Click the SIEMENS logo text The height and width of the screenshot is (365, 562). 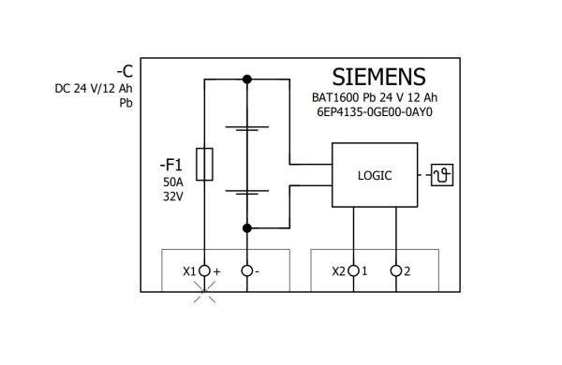click(x=378, y=77)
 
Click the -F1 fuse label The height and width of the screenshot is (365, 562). click(x=171, y=165)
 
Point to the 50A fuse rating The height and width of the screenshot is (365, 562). click(x=173, y=182)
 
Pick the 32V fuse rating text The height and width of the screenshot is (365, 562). click(x=173, y=197)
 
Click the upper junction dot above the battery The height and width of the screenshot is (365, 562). click(x=247, y=80)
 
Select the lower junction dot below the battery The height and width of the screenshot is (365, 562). click(x=247, y=227)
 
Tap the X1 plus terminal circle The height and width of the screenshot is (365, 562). click(x=204, y=270)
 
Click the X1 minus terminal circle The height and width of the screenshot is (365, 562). click(x=247, y=270)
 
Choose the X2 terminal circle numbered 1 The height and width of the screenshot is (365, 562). click(x=353, y=270)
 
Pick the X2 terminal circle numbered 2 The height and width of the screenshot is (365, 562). click(x=396, y=270)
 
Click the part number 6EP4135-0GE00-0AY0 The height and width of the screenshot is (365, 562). click(x=375, y=112)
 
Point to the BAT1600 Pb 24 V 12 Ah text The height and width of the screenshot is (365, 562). click(x=375, y=97)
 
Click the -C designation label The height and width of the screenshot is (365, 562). click(x=125, y=71)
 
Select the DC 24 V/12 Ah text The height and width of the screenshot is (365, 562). click(x=94, y=88)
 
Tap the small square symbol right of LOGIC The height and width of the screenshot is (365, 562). click(x=442, y=175)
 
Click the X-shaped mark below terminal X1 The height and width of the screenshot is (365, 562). click(x=204, y=292)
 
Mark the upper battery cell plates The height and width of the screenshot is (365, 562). click(x=247, y=128)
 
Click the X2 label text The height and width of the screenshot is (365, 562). click(x=338, y=271)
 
